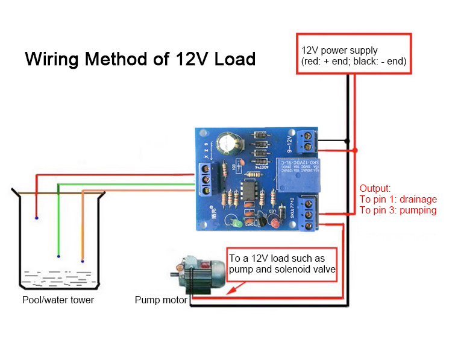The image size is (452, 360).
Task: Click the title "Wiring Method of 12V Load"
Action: [140, 60]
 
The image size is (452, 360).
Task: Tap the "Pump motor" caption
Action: [160, 300]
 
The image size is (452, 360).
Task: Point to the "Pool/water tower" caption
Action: [58, 300]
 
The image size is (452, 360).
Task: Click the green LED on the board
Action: [239, 224]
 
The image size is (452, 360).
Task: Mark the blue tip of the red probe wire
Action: [37, 217]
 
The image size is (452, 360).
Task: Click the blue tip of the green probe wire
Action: [58, 256]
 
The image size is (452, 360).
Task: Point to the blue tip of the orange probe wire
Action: [82, 261]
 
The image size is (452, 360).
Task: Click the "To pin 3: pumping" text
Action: [398, 210]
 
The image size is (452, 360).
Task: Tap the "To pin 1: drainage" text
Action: [398, 200]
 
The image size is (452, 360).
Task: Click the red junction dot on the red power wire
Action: [356, 150]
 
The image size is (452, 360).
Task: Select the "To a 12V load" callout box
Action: [282, 264]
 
